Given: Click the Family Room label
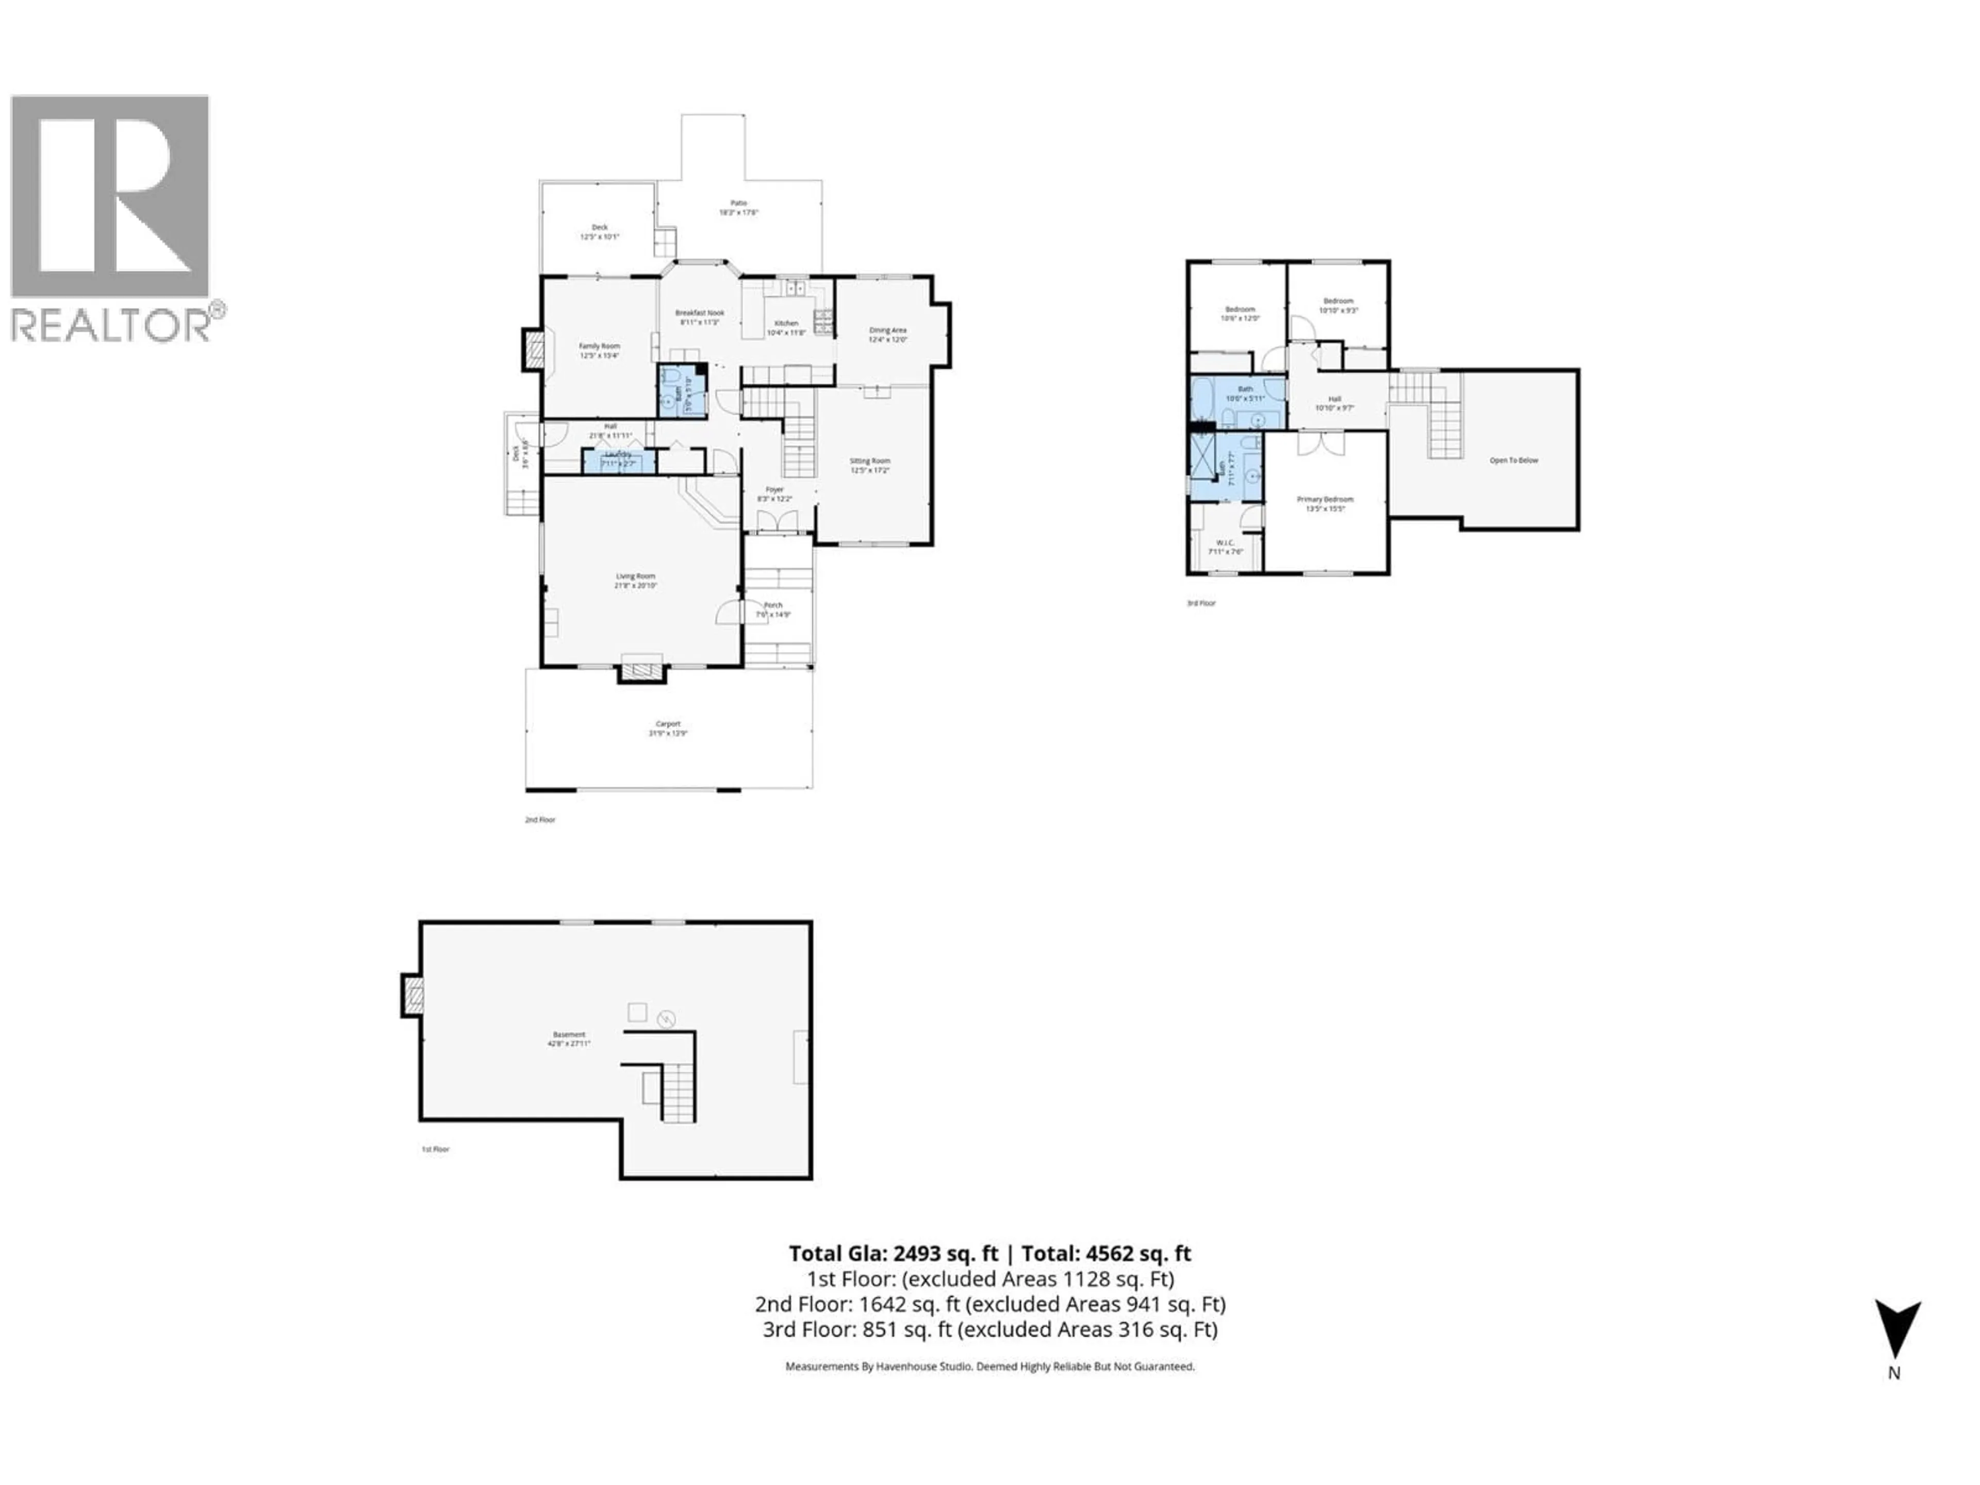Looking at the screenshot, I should click(x=599, y=346).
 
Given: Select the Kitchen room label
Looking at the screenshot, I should click(x=786, y=323).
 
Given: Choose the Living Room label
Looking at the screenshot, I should click(x=636, y=576).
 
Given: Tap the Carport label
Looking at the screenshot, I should click(x=668, y=724).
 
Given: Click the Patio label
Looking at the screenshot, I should click(x=738, y=203).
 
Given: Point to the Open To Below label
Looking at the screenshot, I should click(x=1514, y=460).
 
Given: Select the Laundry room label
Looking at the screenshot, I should click(x=618, y=455).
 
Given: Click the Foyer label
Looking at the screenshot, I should click(x=774, y=490).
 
